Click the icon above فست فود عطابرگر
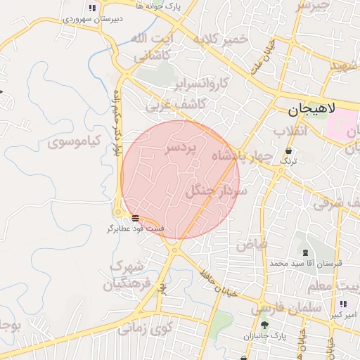[134, 218]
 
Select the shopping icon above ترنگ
[289, 150]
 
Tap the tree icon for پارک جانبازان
[264, 325]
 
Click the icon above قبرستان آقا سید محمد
[304, 252]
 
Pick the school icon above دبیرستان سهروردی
[93, 8]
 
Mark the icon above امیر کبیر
[342, 304]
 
